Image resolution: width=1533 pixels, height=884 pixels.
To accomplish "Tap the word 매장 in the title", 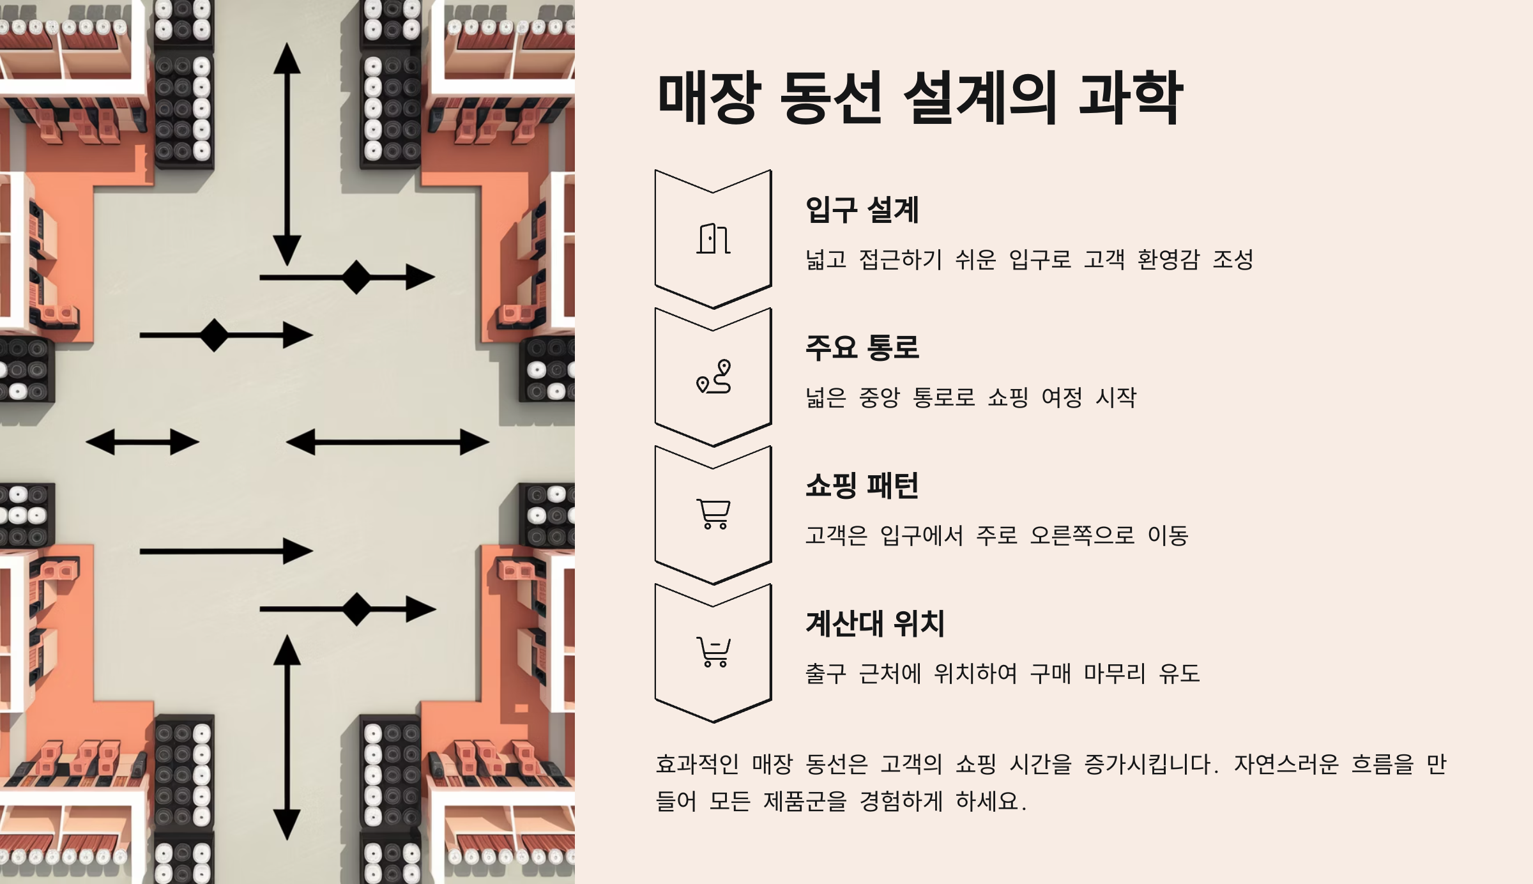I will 710,98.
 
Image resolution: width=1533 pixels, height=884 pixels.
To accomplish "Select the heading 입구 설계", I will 862,210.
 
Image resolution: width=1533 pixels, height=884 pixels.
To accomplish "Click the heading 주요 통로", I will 862,347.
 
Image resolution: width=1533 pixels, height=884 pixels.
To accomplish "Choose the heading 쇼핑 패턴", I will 862,485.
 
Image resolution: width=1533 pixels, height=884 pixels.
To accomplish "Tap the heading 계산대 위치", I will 874,623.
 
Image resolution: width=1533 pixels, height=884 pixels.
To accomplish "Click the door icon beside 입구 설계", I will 713,239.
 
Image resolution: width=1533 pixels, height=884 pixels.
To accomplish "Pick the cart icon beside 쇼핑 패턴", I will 713,514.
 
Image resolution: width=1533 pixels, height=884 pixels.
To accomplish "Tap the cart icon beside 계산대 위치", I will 713,652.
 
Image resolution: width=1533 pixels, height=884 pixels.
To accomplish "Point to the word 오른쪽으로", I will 1082,535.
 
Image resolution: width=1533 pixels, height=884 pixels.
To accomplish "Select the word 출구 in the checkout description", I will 825,673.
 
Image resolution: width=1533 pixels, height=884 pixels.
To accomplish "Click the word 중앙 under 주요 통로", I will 879,397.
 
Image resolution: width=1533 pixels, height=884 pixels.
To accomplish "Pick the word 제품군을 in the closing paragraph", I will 805,801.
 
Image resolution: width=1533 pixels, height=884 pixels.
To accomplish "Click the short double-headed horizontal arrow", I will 142,442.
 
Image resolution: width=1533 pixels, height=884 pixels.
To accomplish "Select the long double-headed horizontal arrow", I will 388,442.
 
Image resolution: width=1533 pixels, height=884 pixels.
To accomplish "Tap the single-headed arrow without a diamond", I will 226,551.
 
